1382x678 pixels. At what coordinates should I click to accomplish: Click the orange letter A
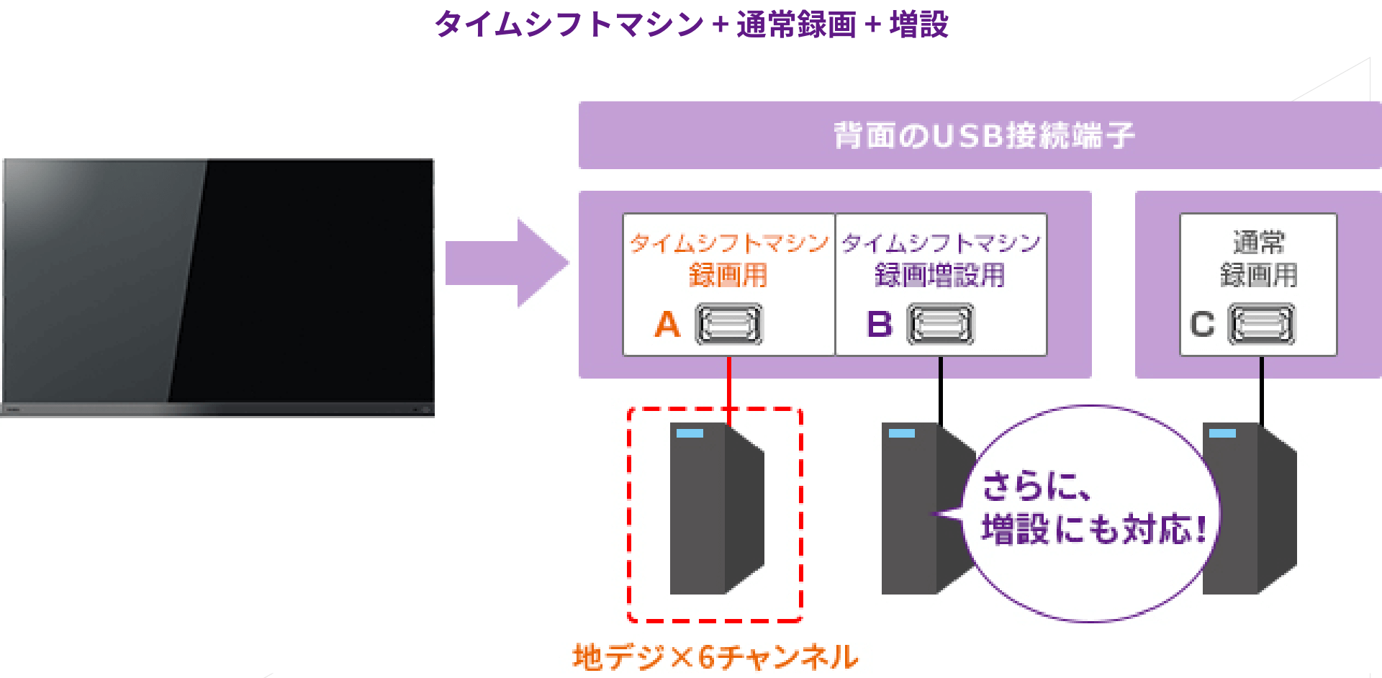667,325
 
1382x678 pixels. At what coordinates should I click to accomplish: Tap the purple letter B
880,325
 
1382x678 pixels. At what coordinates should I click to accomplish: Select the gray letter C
1202,325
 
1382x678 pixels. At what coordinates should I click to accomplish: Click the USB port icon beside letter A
728,325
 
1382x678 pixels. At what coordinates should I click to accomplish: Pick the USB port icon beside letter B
940,325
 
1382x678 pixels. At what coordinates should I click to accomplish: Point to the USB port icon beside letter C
1261,325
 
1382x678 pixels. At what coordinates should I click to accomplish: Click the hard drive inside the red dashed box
715,508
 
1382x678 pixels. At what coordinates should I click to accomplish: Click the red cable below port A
729,381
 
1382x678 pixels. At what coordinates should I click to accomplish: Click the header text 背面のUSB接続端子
983,135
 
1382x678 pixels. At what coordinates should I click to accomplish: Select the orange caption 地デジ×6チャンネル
715,657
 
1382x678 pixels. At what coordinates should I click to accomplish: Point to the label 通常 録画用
1258,259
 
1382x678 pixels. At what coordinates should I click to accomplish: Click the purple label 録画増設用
940,276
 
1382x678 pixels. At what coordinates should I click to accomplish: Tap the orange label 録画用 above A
728,276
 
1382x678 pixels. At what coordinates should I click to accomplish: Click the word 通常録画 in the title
795,24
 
